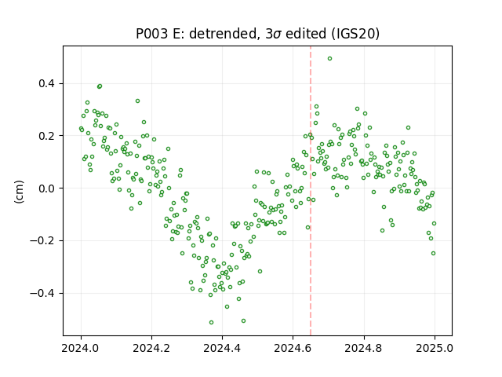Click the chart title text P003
tap(151, 34)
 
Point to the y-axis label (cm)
tap(19, 192)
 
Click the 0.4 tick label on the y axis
tap(47, 84)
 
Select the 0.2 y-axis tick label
tap(47, 136)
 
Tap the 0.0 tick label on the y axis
tap(47, 188)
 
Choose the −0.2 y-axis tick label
tap(42, 241)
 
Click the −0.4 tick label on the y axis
tap(42, 293)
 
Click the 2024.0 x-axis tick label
tap(81, 348)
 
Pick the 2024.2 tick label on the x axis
tap(151, 348)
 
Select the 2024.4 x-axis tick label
tap(222, 348)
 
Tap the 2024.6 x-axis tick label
tap(293, 348)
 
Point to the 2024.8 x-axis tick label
tap(363, 348)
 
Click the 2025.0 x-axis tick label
tap(435, 348)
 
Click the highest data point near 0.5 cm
tap(329, 59)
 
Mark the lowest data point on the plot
tap(211, 323)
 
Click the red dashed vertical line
tap(311, 191)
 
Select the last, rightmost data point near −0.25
tap(434, 253)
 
